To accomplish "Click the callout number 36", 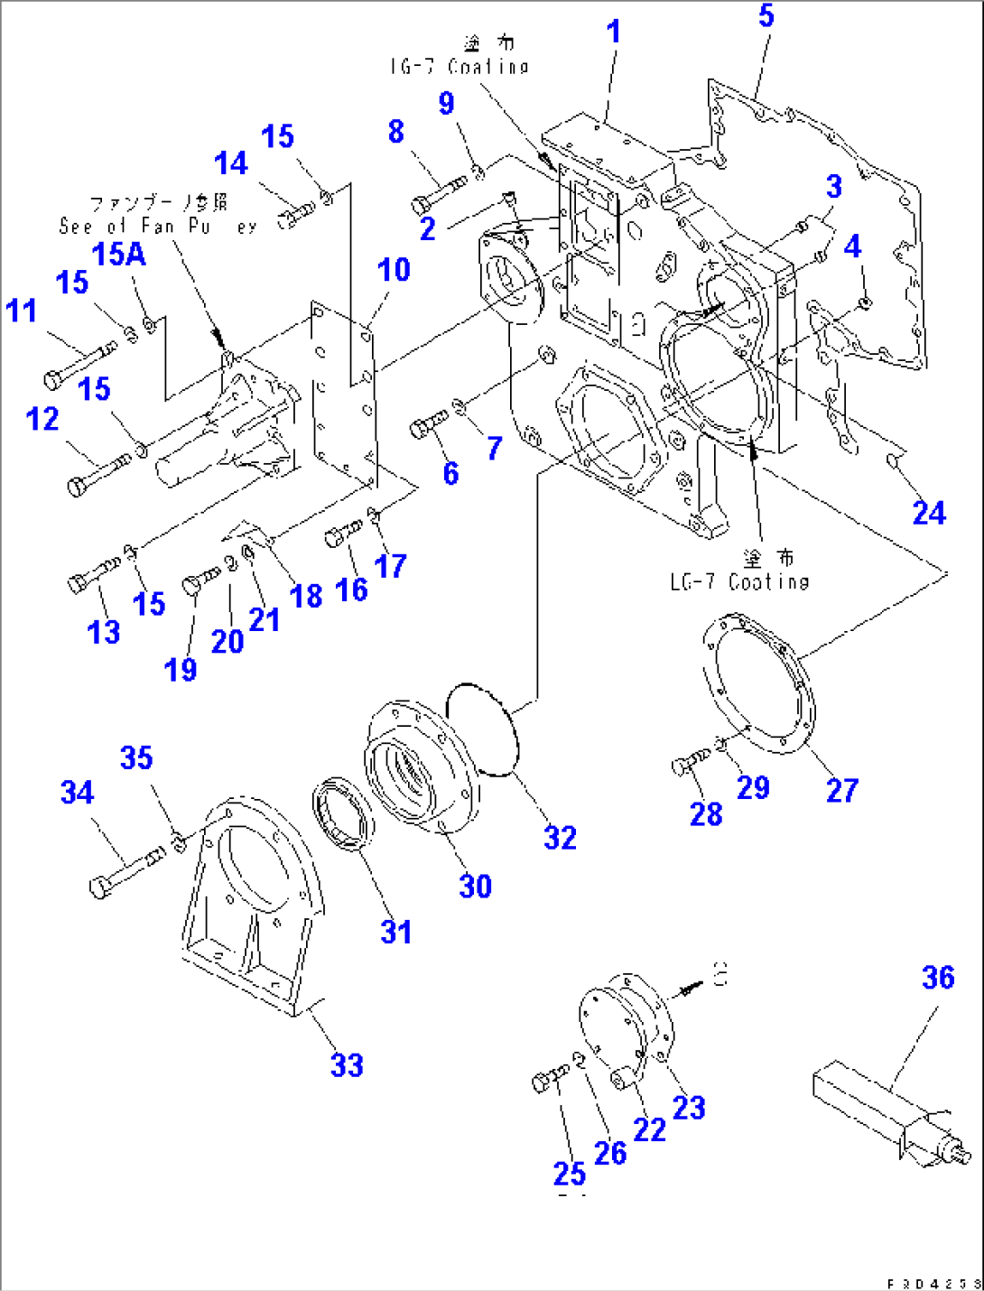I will click(x=938, y=978).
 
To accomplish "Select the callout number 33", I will click(x=347, y=1065).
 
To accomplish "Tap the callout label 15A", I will click(x=118, y=255).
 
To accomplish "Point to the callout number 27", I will click(x=841, y=790).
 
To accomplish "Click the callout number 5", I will click(x=766, y=15).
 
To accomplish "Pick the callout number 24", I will click(x=929, y=513).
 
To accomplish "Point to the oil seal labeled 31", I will click(x=343, y=813).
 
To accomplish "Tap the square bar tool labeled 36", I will click(x=867, y=1110).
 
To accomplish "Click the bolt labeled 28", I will click(x=691, y=762).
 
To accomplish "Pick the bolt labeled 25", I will click(x=550, y=1077).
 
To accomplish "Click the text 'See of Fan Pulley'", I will click(x=158, y=226).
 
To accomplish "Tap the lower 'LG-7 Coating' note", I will click(x=739, y=581).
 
